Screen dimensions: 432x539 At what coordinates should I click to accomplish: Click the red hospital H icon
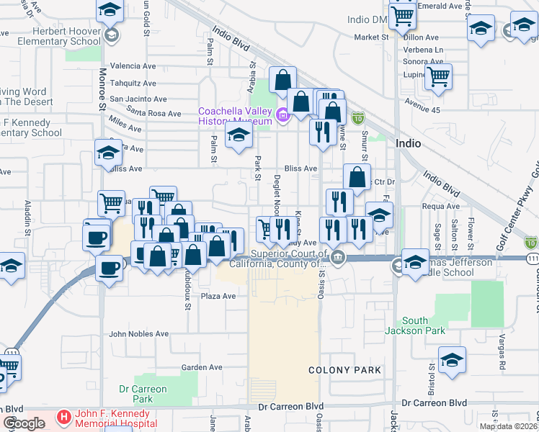pyautogui.click(x=63, y=417)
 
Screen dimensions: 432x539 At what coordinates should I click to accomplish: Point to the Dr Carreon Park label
pyautogui.click(x=143, y=394)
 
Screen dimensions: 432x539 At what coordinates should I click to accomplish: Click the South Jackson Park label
pyautogui.click(x=425, y=325)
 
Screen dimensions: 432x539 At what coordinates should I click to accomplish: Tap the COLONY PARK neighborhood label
pyautogui.click(x=344, y=370)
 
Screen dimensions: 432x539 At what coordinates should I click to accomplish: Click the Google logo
pyautogui.click(x=24, y=423)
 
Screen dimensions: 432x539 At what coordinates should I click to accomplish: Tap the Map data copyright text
pyautogui.click(x=508, y=426)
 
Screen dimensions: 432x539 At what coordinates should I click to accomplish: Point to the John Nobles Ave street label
pyautogui.click(x=138, y=334)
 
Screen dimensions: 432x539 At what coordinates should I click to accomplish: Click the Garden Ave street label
pyautogui.click(x=202, y=367)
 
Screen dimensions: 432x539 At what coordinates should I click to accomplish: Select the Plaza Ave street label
pyautogui.click(x=218, y=296)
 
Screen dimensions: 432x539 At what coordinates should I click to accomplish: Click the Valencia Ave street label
pyautogui.click(x=133, y=66)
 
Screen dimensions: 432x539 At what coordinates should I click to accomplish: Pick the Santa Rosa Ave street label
pyautogui.click(x=153, y=114)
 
